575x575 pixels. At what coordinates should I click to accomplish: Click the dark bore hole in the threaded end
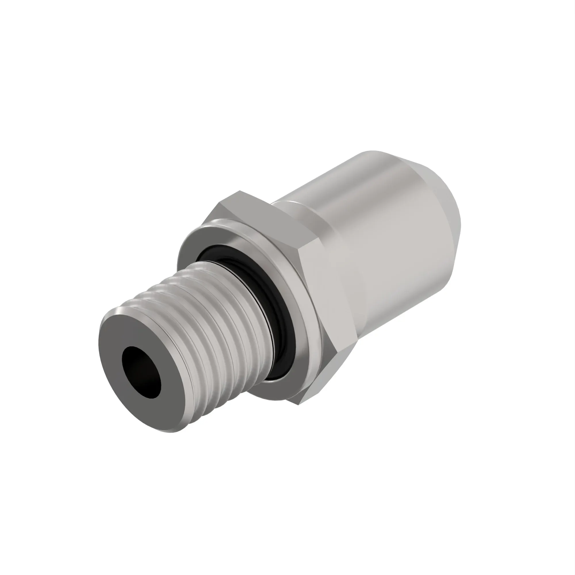pos(141,372)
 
